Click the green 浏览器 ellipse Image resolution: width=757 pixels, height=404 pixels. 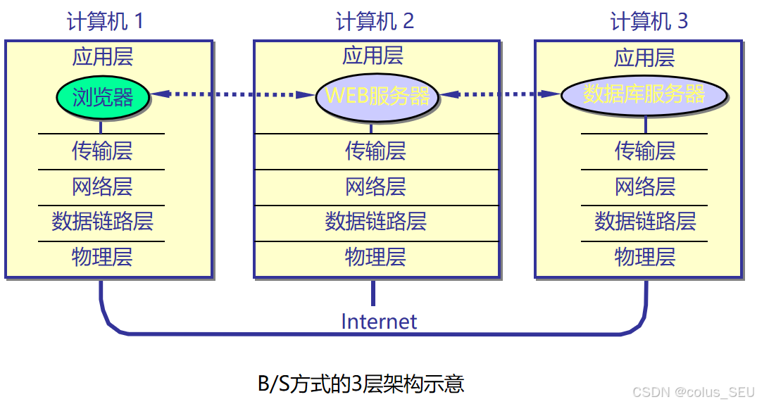103,97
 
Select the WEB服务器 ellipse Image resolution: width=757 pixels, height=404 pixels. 377,96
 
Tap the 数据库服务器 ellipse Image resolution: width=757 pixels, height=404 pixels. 644,95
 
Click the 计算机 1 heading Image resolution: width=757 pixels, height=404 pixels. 105,21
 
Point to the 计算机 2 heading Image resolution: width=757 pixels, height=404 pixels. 375,21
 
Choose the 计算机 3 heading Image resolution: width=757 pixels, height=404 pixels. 649,21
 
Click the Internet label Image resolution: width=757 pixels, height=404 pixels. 379,322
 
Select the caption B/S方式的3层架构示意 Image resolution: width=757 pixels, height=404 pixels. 361,384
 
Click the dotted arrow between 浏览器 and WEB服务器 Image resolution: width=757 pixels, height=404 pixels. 233,94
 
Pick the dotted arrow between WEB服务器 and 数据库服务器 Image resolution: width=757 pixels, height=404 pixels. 501,94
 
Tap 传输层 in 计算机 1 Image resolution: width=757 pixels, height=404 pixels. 102,151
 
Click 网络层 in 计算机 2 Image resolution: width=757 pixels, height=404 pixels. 375,187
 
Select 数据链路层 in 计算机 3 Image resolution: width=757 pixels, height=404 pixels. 645,221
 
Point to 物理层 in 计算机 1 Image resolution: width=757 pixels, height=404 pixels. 102,257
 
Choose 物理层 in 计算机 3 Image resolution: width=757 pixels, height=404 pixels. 645,257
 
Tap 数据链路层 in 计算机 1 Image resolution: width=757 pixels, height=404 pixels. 102,221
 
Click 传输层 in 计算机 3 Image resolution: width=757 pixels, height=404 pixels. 645,151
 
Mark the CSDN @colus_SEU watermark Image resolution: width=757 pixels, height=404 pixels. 693,392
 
